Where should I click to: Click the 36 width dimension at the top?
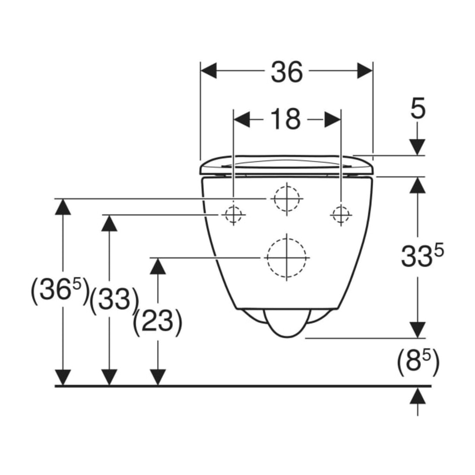coord(287,72)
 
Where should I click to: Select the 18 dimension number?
coord(285,119)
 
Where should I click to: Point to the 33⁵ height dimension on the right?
coord(422,256)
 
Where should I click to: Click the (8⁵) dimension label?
coord(418,362)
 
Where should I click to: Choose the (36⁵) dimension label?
coord(60,291)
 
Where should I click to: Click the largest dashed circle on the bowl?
coord(287,257)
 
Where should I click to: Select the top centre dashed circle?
coord(287,199)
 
